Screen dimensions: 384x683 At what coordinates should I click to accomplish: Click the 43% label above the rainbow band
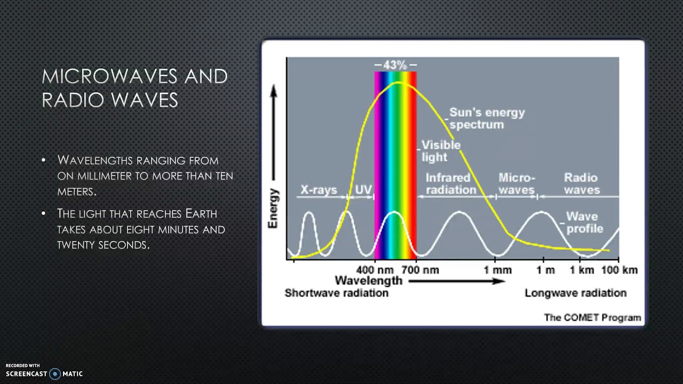(x=395, y=65)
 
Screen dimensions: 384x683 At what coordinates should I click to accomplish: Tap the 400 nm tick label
(x=375, y=270)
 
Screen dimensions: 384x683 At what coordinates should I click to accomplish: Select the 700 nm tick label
(x=420, y=270)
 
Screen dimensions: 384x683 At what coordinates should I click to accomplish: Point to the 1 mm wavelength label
(x=497, y=270)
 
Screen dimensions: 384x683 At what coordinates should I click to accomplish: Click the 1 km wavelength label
(x=582, y=270)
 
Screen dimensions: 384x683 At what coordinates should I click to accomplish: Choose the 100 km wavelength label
(x=619, y=270)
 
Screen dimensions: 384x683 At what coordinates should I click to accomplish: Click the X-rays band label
(x=319, y=190)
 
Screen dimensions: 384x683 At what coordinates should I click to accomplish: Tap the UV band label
(x=363, y=190)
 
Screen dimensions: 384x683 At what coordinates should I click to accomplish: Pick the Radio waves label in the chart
(x=582, y=183)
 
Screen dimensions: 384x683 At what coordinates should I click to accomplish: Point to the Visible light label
(x=440, y=151)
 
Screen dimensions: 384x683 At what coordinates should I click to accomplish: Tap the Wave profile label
(x=584, y=222)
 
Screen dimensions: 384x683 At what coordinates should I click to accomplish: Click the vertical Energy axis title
(x=273, y=208)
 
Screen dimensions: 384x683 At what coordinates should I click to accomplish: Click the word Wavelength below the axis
(x=368, y=281)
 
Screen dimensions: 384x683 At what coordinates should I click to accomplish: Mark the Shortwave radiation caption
(x=336, y=293)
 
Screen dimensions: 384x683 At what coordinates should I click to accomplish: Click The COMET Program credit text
(x=592, y=317)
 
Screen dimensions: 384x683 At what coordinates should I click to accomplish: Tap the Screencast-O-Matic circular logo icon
(x=54, y=374)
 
